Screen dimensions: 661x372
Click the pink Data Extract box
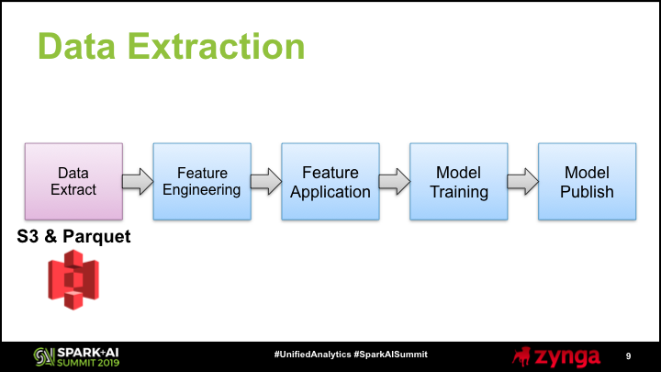[x=73, y=181]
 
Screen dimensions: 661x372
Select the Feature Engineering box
[x=202, y=181]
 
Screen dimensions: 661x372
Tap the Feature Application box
[x=330, y=181]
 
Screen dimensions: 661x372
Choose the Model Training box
[x=459, y=181]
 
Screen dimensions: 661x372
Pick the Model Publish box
[x=588, y=181]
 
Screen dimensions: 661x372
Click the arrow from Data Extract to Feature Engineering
[x=138, y=182]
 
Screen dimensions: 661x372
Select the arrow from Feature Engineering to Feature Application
[x=266, y=182]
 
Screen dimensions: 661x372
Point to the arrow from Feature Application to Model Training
[x=395, y=182]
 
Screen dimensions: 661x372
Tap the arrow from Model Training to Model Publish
[x=523, y=182]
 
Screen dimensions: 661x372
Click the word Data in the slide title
[x=76, y=47]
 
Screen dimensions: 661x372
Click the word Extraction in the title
[x=217, y=47]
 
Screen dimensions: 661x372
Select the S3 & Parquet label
[x=73, y=237]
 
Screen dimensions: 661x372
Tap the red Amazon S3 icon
[x=73, y=279]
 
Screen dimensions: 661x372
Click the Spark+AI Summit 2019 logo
[x=76, y=356]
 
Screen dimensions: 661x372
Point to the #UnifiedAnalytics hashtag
[x=312, y=355]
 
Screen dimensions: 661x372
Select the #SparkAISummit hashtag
[x=391, y=355]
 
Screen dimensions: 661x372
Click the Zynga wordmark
[x=567, y=357]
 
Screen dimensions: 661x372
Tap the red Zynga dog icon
[x=521, y=356]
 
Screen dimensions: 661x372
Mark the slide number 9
[x=628, y=356]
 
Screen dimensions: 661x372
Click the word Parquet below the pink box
[x=97, y=237]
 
